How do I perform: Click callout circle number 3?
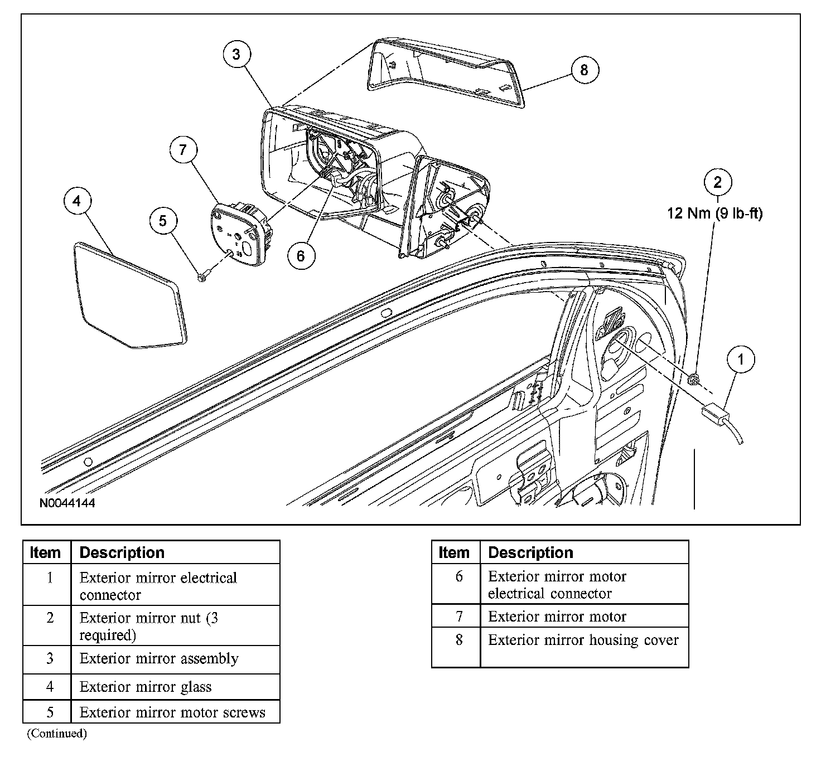(x=236, y=54)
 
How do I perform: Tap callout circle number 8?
(x=584, y=70)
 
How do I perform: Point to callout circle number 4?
(x=77, y=201)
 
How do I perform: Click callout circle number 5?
(x=163, y=221)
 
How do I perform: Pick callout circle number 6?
(x=301, y=255)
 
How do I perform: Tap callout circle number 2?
(x=717, y=182)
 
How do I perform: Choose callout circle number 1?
(x=741, y=359)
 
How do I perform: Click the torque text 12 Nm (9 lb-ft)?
(x=714, y=213)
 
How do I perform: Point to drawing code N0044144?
(x=67, y=503)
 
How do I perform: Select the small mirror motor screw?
(x=202, y=276)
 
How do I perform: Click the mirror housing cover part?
(x=446, y=72)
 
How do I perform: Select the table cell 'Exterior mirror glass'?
(x=146, y=687)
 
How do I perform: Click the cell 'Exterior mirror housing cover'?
(x=583, y=640)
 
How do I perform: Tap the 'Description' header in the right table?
(x=530, y=552)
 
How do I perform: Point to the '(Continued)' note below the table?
(x=57, y=734)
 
